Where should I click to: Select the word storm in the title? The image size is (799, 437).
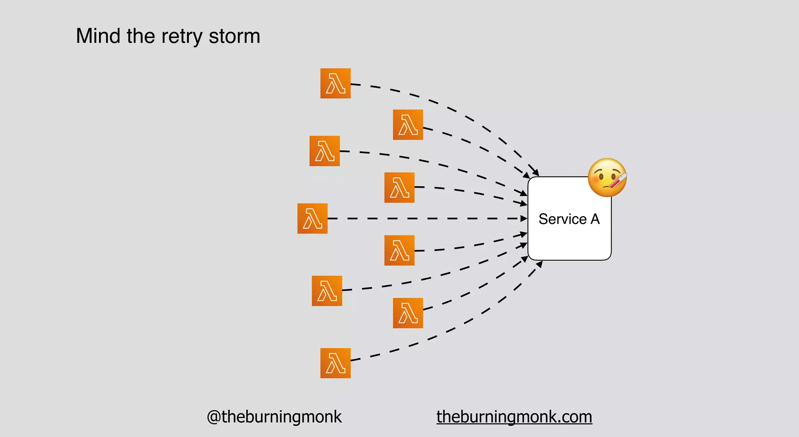click(234, 36)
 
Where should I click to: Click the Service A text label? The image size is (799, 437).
click(569, 219)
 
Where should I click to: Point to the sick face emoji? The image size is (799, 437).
click(607, 178)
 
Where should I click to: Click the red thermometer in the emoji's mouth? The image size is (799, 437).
click(617, 181)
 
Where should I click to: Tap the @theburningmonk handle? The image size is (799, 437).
click(274, 417)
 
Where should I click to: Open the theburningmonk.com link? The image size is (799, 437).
click(514, 417)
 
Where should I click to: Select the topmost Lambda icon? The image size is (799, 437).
click(336, 83)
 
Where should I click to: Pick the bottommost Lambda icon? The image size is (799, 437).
click(336, 363)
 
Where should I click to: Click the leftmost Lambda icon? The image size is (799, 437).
click(312, 218)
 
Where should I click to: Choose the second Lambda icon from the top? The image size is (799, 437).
click(408, 125)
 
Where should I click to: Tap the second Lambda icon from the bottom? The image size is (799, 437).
click(408, 313)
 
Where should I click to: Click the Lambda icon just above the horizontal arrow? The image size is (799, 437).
click(399, 188)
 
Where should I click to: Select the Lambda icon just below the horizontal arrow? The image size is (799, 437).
click(399, 250)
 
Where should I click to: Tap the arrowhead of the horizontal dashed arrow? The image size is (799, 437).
click(524, 218)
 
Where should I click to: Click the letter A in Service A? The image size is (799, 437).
click(595, 219)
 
